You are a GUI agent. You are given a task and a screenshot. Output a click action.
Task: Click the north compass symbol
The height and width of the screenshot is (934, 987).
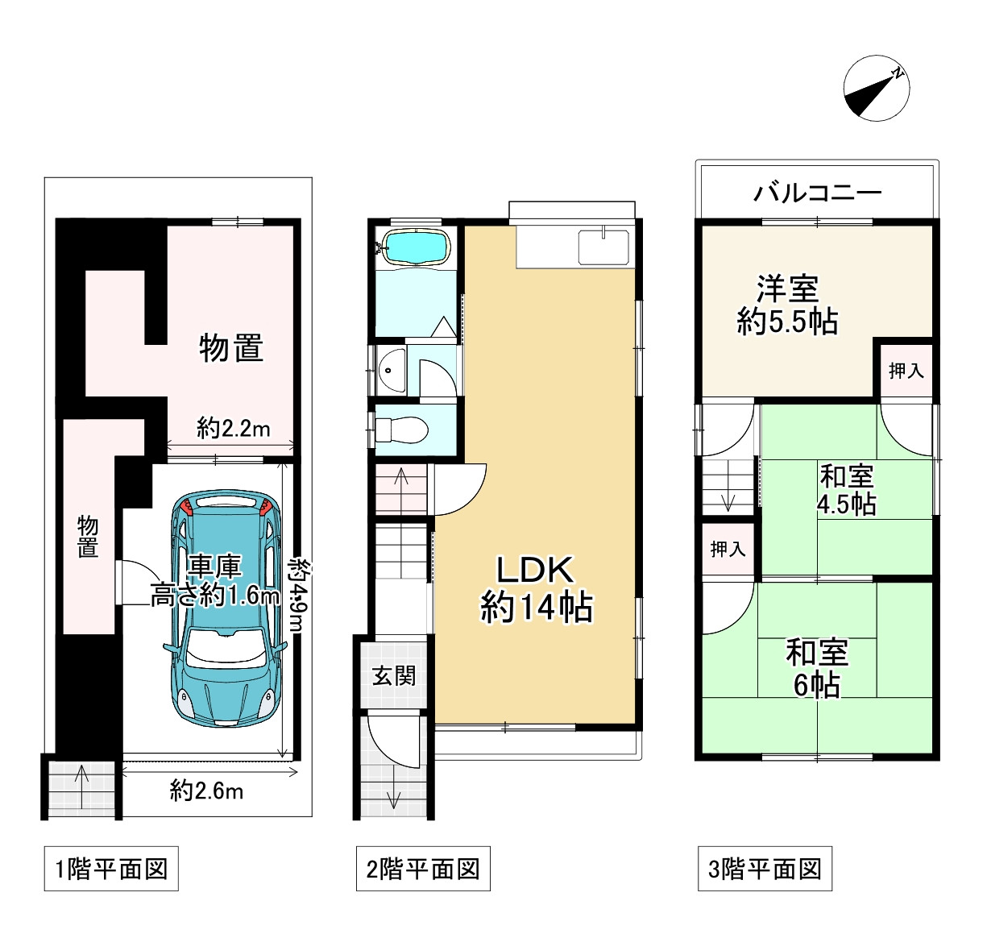877,89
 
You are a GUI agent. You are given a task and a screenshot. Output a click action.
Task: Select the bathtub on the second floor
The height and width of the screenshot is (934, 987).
415,247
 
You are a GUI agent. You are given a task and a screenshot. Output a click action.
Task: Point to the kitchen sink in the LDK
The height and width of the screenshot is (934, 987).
603,246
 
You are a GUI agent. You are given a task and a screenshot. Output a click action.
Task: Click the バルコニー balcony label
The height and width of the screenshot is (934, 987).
817,193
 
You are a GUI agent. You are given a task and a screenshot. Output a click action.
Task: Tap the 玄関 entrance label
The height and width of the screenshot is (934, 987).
394,675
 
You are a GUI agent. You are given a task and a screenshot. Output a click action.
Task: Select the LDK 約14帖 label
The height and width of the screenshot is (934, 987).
536,589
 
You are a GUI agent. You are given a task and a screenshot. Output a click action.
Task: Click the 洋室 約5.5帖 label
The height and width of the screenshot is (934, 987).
787,305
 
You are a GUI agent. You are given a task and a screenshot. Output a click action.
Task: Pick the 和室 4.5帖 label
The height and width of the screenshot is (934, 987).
846,490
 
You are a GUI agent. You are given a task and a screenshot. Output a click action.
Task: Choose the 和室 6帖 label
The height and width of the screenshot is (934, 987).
817,668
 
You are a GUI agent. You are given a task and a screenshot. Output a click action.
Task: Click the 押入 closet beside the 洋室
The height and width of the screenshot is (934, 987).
906,371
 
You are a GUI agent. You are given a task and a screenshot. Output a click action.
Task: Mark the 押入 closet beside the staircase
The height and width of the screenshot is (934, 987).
728,550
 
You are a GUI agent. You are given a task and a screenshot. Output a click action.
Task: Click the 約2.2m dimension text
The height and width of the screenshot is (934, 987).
233,429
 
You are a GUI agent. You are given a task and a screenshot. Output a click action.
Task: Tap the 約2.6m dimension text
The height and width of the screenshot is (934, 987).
206,791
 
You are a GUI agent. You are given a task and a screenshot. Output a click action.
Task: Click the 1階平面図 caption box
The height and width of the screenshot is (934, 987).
111,870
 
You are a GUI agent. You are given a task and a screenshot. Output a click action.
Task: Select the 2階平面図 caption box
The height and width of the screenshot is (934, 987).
423,870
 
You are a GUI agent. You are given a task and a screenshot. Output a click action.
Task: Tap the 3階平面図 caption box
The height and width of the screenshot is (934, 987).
765,870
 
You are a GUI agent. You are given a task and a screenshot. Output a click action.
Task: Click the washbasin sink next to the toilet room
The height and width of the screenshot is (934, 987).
391,371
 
